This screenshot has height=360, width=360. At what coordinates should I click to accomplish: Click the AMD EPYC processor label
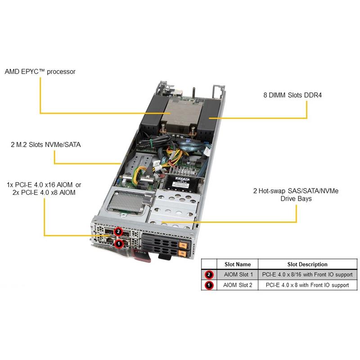pos(40,71)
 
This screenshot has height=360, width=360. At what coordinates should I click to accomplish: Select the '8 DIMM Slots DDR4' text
pos(292,95)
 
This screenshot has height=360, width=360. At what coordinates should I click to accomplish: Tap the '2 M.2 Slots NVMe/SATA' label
pos(43,145)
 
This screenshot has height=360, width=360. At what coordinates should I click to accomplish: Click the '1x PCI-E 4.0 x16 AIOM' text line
pos(44,185)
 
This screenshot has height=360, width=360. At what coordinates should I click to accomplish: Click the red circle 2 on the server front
pos(118,231)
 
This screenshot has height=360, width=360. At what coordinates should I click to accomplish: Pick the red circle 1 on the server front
pos(118,243)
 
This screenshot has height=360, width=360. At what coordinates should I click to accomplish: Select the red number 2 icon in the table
pos(209,274)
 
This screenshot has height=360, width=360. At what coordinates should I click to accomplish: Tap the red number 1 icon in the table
pos(209,285)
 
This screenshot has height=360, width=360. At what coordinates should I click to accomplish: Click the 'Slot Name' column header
pos(237,264)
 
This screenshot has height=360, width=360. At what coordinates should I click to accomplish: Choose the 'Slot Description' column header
pos(307,264)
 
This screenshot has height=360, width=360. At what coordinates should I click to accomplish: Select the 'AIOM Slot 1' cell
pos(238,274)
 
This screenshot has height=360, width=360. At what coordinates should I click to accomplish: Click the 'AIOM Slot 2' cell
pos(238,285)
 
